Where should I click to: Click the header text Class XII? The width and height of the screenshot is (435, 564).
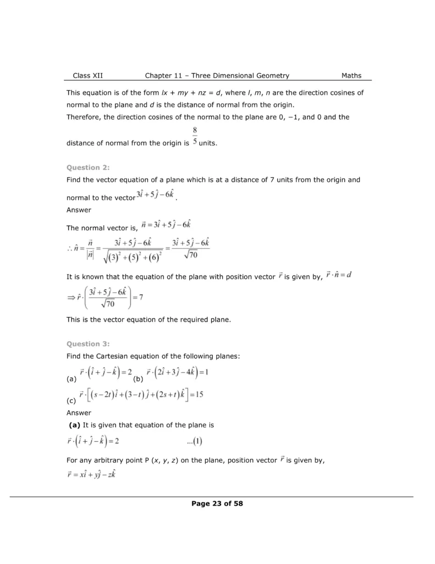pos(87,75)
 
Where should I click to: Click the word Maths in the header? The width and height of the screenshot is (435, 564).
pos(351,75)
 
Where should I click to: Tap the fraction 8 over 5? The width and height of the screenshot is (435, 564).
pos(195,136)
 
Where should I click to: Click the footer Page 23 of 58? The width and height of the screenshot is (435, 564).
pos(217,503)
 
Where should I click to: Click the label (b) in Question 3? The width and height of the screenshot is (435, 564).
pos(138,379)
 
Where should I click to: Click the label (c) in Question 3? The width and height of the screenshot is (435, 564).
pos(71,400)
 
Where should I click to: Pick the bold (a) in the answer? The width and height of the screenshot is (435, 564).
pos(75,425)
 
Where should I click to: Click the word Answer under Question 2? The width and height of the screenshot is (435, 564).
pos(79,210)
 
